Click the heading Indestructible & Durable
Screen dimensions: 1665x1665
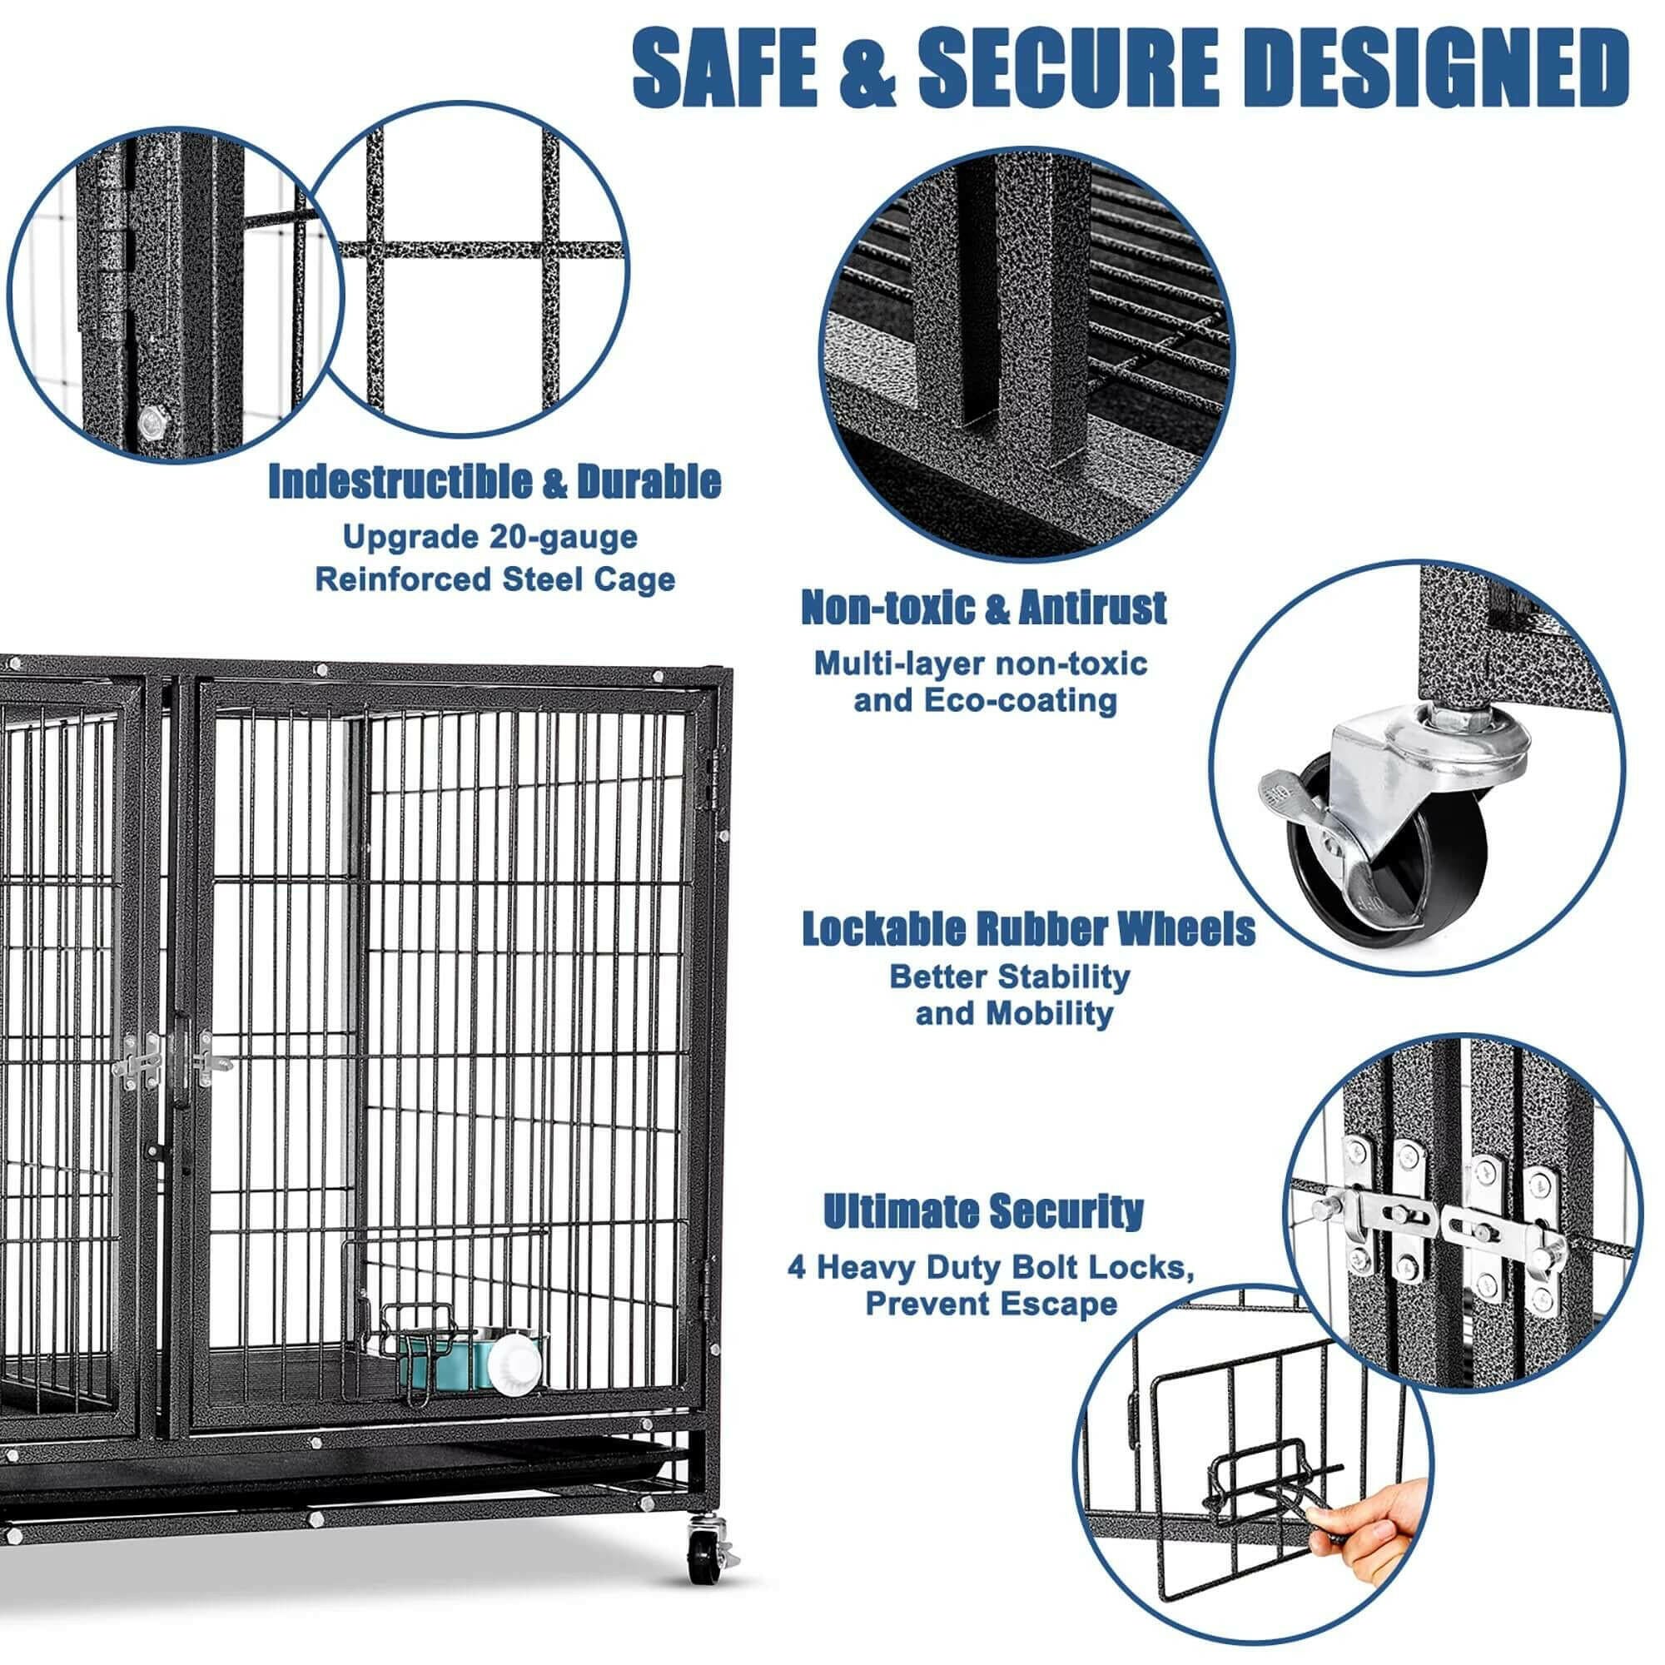point(495,481)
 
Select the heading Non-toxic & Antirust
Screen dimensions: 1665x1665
point(983,609)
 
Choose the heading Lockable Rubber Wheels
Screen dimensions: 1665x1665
point(1028,930)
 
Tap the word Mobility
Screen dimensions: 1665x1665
point(1057,1013)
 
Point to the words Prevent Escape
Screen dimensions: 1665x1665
point(990,1304)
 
